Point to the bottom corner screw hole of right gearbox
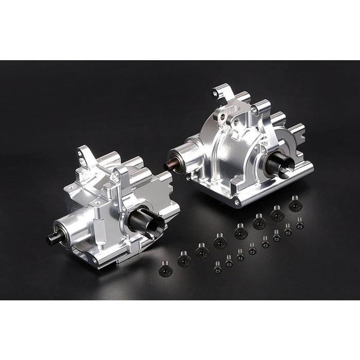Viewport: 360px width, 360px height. tap(237, 202)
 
